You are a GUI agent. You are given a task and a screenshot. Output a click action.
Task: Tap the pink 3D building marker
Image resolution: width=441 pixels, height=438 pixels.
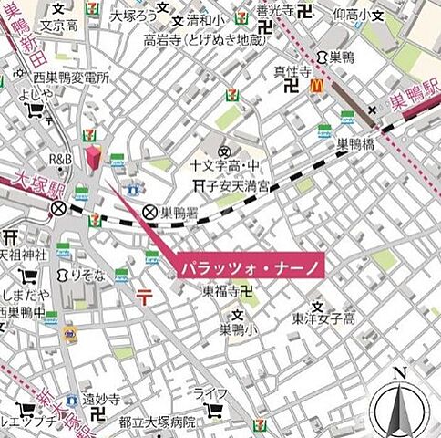(x=91, y=156)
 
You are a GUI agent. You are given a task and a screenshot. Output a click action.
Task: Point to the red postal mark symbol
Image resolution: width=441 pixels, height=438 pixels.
(x=144, y=295)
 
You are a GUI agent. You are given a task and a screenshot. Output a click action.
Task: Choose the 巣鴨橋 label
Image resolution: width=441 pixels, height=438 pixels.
(x=356, y=144)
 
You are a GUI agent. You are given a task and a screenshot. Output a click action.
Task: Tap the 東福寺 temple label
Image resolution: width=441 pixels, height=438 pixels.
(x=223, y=292)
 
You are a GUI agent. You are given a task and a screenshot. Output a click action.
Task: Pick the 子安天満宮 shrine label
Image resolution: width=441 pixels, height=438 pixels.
(x=241, y=185)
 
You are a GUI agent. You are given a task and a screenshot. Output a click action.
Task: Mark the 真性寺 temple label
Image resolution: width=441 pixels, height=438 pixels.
(x=293, y=70)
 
